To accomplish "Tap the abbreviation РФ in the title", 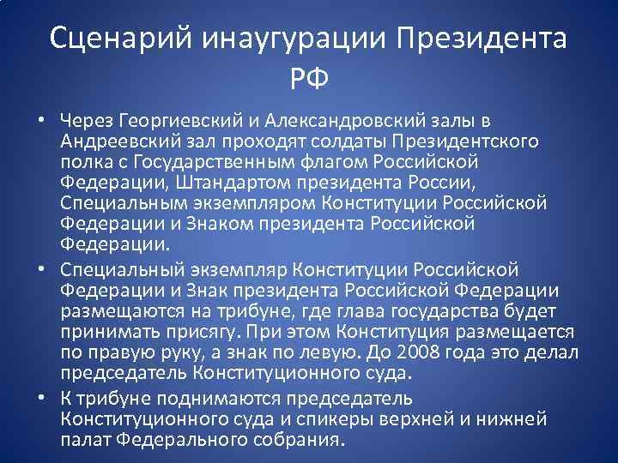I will [x=309, y=81].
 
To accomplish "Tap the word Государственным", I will [x=209, y=161].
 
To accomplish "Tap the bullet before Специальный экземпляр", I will [x=41, y=268].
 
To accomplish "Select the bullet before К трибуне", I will [x=41, y=399].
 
